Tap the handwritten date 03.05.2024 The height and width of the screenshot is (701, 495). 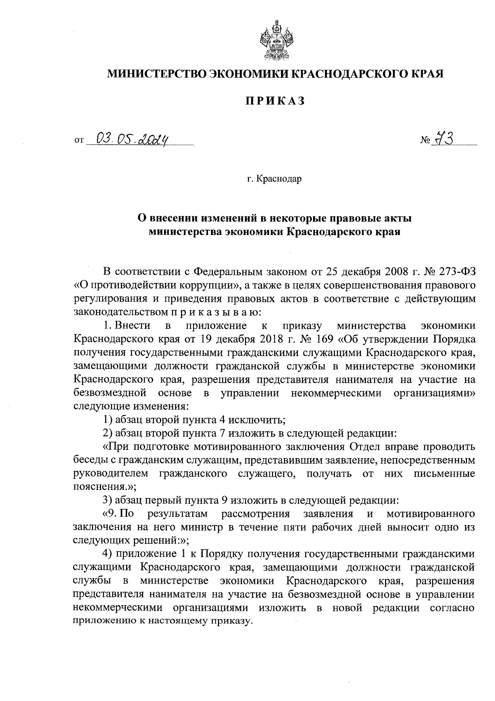pos(135,140)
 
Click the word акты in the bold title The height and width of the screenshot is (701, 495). pos(397,218)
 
